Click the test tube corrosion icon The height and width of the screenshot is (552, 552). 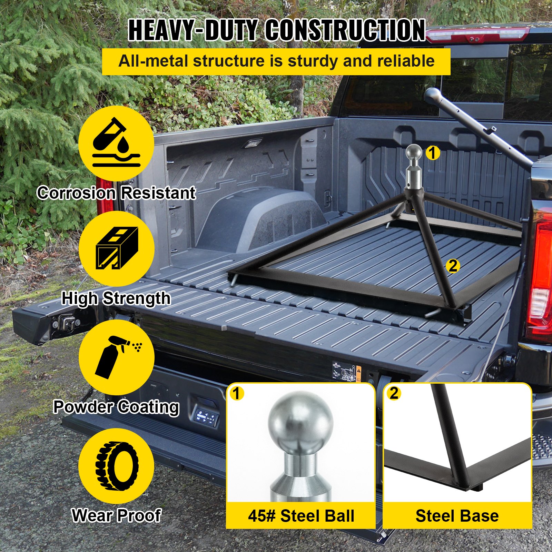pos(116,142)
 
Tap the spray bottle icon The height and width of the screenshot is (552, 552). pos(118,357)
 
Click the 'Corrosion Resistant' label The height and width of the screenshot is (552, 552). pos(117,193)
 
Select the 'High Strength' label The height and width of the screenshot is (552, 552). pos(116,298)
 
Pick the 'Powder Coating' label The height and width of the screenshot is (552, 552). pos(116,407)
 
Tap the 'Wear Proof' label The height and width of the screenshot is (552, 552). pos(116,515)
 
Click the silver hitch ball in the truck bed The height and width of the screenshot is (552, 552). pos(413,153)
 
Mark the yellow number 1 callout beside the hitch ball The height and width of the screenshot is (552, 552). pos(433,152)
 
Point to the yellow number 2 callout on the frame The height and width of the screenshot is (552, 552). pos(453,266)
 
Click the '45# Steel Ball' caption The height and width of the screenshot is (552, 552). pos(301,516)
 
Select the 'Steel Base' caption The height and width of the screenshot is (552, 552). pos(457,516)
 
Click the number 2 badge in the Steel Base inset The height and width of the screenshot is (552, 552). pos(394,393)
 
